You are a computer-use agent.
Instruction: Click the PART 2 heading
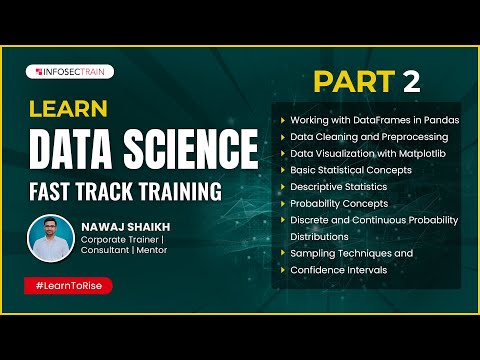[x=367, y=79]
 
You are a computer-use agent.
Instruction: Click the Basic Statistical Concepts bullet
[x=349, y=170]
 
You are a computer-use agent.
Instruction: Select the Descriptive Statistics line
[x=340, y=186]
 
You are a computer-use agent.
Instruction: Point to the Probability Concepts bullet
[x=338, y=203]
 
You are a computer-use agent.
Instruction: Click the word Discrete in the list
[x=311, y=220]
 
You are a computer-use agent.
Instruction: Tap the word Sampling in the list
[x=313, y=254]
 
